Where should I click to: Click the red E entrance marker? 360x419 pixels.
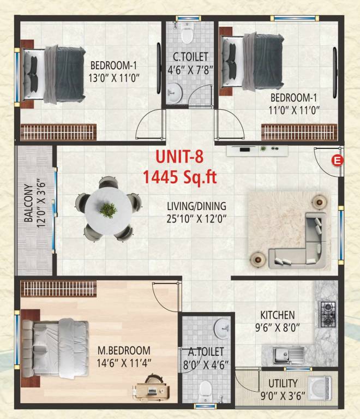pos(338,160)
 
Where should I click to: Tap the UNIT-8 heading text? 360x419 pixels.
pos(179,157)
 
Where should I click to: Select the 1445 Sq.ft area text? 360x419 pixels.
pos(179,176)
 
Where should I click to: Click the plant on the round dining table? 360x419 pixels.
pos(109,209)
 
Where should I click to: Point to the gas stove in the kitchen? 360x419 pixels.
pos(327,314)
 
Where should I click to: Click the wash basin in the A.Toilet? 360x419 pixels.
pos(222,328)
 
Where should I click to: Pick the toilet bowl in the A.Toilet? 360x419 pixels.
pos(205,390)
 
